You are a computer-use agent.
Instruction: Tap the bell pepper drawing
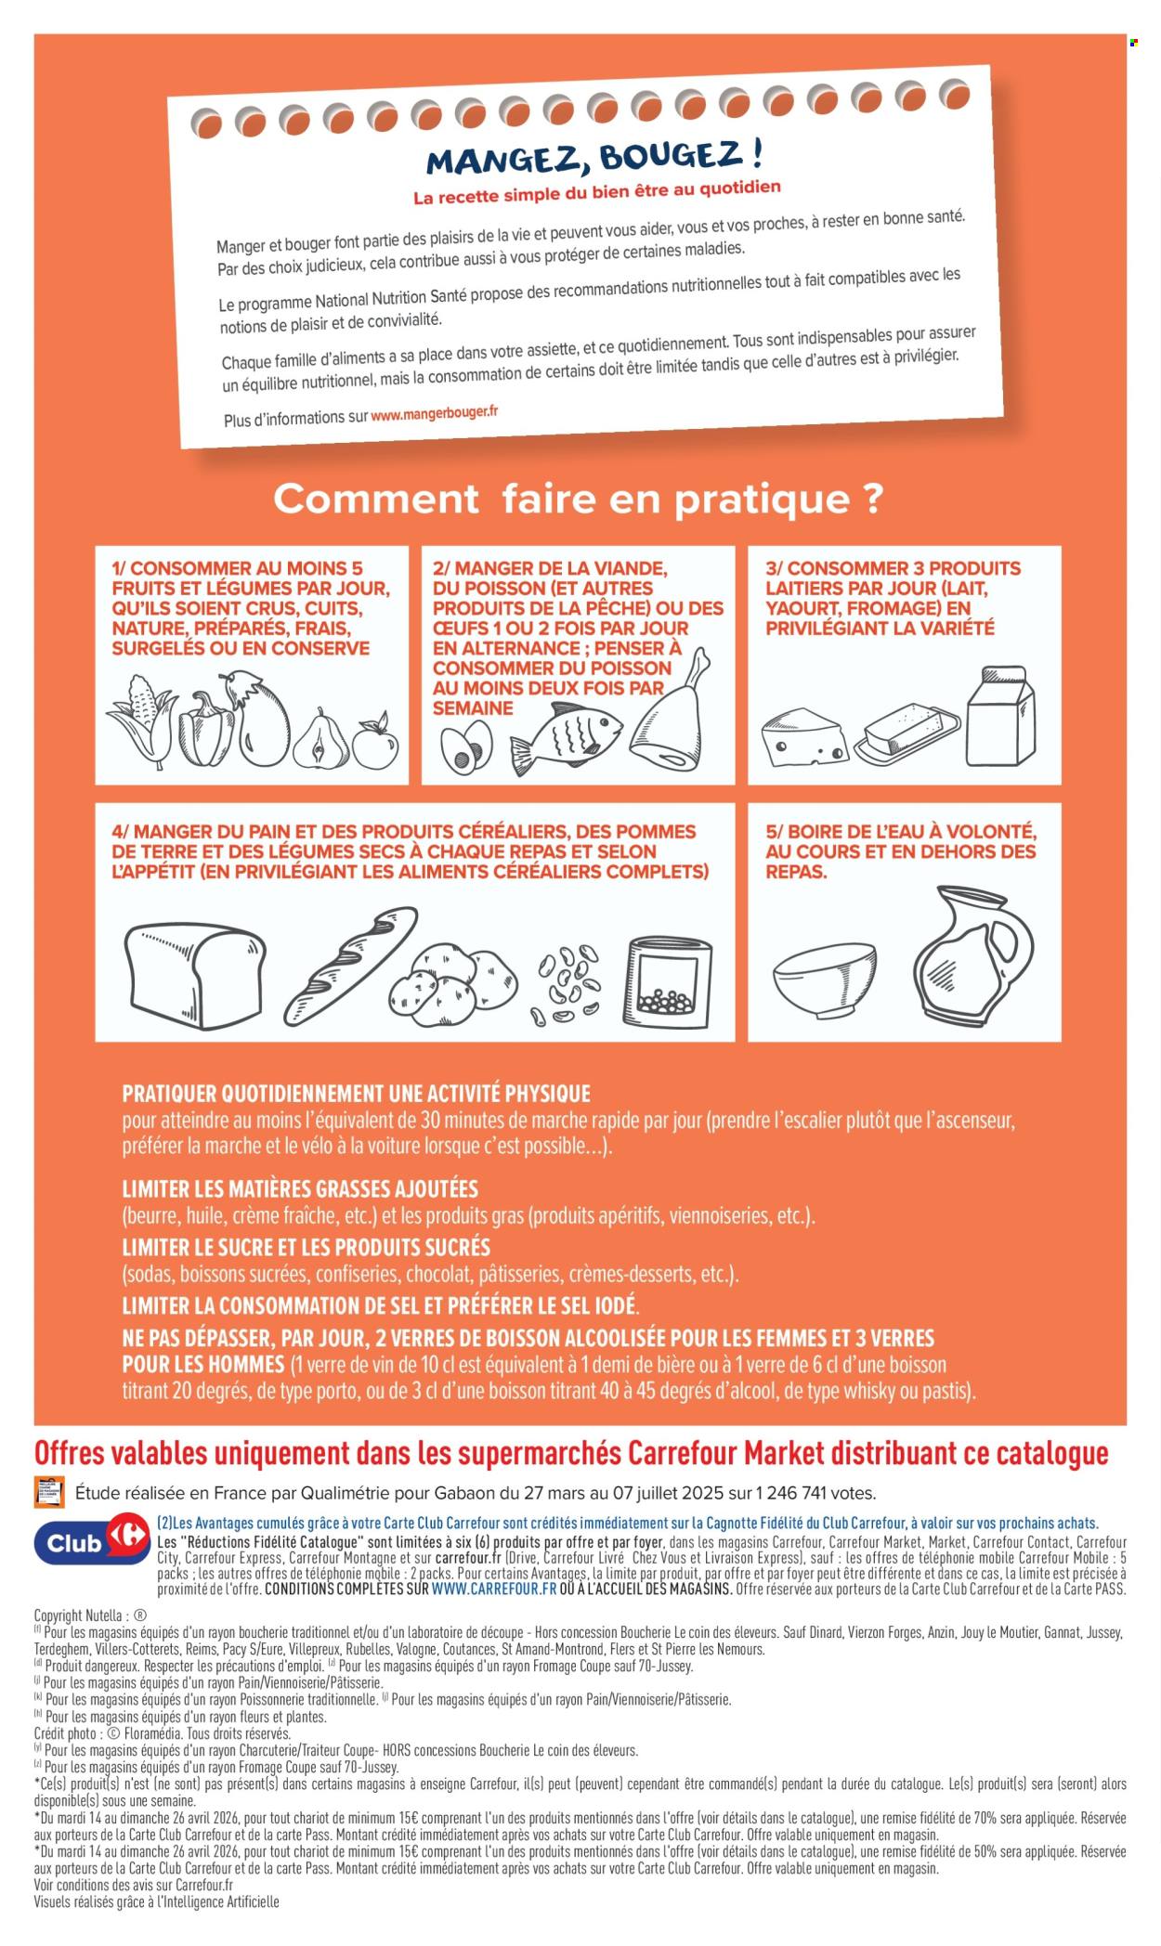pyautogui.click(x=205, y=728)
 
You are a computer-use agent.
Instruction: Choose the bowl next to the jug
pyautogui.click(x=825, y=979)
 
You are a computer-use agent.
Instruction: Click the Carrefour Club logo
pyautogui.click(x=91, y=1542)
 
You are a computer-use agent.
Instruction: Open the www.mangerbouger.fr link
pyautogui.click(x=434, y=413)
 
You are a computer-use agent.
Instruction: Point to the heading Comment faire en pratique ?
pyautogui.click(x=578, y=499)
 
